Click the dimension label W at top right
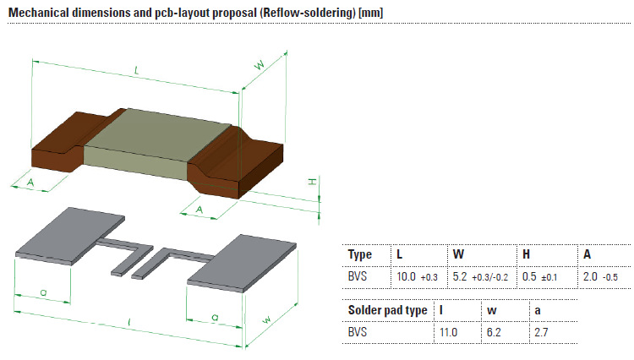tap(260, 65)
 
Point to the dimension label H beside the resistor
tap(311, 182)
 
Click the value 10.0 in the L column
tap(407, 276)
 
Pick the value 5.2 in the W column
tap(461, 276)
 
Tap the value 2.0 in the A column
tap(589, 276)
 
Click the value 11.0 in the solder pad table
tap(448, 333)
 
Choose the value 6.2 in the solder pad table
tap(495, 333)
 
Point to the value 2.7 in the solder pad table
tap(542, 333)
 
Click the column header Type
tap(360, 254)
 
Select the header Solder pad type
tap(387, 310)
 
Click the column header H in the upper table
tap(526, 254)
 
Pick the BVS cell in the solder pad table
tap(359, 333)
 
